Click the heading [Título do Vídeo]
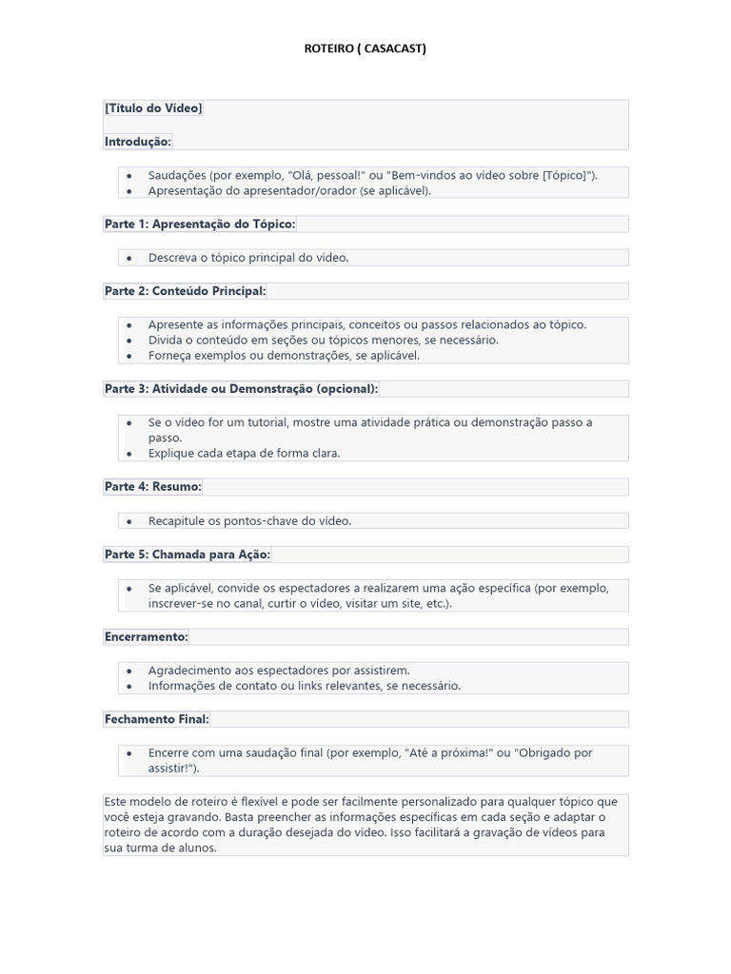[153, 108]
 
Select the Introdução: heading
[138, 142]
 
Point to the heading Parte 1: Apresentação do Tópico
[200, 224]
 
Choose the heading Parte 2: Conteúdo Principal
[186, 290]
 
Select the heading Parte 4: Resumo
[152, 486]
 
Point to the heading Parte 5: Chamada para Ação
[188, 554]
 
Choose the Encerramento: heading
[147, 636]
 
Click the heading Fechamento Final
[157, 719]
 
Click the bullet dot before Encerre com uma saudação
[129, 753]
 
